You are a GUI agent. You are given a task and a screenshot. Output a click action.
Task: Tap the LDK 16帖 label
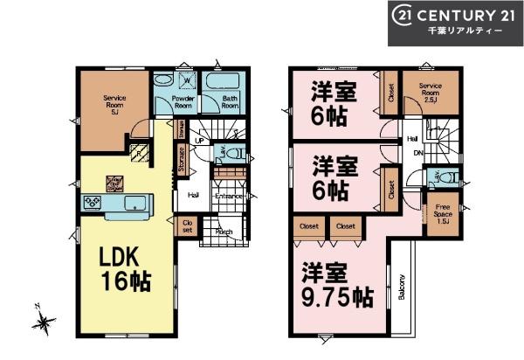click(122, 270)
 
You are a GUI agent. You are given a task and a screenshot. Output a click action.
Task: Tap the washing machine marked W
click(186, 83)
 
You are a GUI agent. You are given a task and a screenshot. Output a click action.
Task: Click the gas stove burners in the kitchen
click(93, 203)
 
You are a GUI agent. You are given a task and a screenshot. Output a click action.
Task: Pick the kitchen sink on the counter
click(134, 205)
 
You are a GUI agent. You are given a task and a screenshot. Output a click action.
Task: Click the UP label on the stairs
click(199, 141)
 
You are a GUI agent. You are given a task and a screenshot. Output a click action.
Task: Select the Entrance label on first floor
click(228, 196)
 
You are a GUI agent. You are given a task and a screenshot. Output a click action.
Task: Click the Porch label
click(223, 232)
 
